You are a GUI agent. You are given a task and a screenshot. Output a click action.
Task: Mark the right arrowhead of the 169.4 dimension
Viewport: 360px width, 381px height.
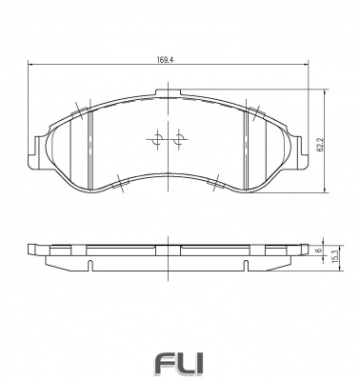click(307, 65)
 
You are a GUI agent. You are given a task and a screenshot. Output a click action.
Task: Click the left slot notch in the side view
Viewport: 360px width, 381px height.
click(89, 261)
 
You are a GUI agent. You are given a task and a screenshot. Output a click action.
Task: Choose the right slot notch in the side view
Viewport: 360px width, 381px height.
click(250, 261)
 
